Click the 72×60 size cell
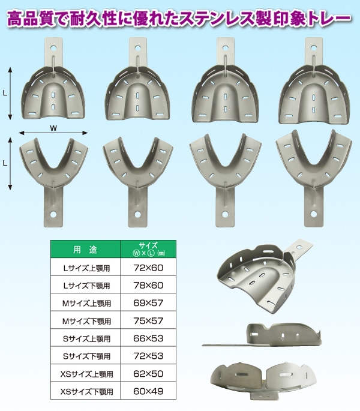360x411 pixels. point(148,268)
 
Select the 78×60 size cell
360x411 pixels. point(148,285)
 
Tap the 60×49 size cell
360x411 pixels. point(148,391)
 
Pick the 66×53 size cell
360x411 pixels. point(148,338)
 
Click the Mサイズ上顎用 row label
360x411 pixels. point(86,303)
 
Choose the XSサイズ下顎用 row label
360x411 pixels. point(86,392)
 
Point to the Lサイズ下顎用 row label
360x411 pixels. point(86,286)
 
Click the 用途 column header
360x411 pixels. point(85,250)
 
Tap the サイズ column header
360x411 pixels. point(148,249)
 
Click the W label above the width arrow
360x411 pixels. point(53,128)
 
